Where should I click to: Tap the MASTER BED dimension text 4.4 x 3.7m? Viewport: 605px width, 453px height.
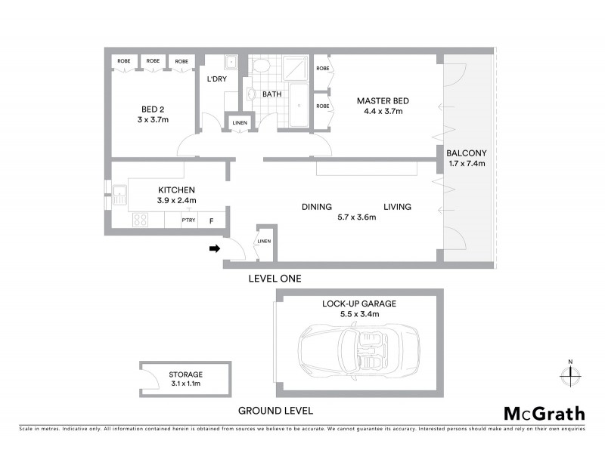click(x=383, y=111)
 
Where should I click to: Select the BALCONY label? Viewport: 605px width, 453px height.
click(x=466, y=152)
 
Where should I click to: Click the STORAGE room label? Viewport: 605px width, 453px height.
click(x=185, y=374)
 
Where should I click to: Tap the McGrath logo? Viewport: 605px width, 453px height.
click(x=544, y=413)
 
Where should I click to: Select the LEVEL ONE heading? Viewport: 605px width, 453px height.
click(x=275, y=279)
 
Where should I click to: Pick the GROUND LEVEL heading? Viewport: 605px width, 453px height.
click(x=275, y=411)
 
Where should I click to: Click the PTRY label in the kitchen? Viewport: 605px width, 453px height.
click(x=188, y=220)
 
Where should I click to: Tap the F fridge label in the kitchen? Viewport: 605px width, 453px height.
click(x=211, y=220)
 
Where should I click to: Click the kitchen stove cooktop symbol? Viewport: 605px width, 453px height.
click(x=140, y=220)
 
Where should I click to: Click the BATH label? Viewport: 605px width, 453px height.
click(x=271, y=94)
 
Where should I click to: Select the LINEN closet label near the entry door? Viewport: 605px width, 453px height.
click(x=263, y=241)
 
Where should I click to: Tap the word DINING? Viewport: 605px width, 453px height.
click(x=317, y=206)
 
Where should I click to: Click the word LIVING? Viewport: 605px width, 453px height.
click(x=397, y=206)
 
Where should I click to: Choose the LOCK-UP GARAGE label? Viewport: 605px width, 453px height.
click(x=359, y=304)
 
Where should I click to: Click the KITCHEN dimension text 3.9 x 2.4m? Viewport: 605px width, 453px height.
click(x=177, y=200)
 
